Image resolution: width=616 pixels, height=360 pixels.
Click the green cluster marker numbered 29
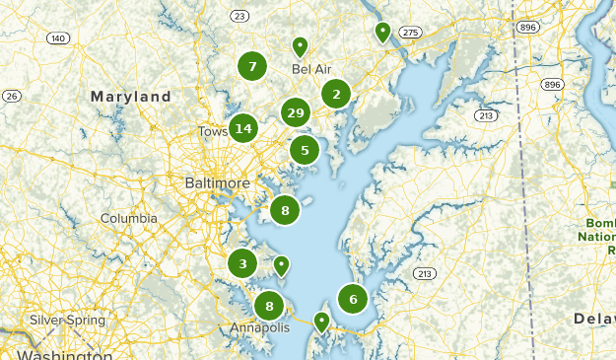point(295,113)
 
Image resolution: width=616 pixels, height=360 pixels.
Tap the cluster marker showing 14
point(243,128)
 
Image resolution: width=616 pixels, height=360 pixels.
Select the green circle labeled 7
point(252,67)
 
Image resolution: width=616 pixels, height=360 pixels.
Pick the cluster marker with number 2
point(336,95)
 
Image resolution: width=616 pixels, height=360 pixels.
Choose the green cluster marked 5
point(305,151)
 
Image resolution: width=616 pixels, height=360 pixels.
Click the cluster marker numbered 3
point(242,263)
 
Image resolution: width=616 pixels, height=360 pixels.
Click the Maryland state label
point(131,98)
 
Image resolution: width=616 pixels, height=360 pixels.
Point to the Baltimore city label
point(218,183)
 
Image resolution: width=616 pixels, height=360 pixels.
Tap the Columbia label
point(128,218)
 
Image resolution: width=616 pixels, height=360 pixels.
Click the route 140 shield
point(58,38)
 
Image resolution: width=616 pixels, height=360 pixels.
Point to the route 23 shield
point(240,17)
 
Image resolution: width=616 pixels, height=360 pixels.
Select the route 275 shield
point(411,34)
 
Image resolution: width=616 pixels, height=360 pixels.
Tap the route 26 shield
point(12,96)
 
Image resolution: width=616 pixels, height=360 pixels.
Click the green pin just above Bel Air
point(300,45)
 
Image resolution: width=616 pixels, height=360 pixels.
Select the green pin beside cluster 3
point(281,264)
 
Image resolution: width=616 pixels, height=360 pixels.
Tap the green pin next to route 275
point(382,32)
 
